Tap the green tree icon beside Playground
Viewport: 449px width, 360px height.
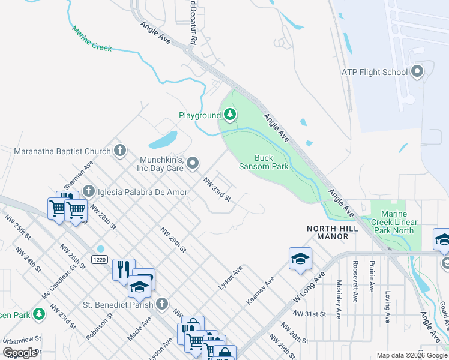pyautogui.click(x=229, y=115)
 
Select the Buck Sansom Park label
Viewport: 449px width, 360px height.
pyautogui.click(x=264, y=162)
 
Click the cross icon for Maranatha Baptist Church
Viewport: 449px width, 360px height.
pyautogui.click(x=120, y=151)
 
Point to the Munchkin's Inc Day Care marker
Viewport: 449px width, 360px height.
pyautogui.click(x=193, y=163)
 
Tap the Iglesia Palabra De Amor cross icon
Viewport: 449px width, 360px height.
pyautogui.click(x=89, y=191)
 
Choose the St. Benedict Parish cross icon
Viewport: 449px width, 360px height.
pyautogui.click(x=161, y=304)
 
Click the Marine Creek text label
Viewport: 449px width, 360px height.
pyautogui.click(x=91, y=38)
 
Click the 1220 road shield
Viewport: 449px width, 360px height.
pyautogui.click(x=100, y=259)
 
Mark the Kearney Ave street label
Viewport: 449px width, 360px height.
pyautogui.click(x=260, y=290)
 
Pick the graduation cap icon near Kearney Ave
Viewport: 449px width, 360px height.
pyautogui.click(x=300, y=259)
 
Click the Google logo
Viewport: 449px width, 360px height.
pyautogui.click(x=20, y=353)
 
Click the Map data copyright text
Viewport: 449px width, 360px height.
pyautogui.click(x=411, y=355)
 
